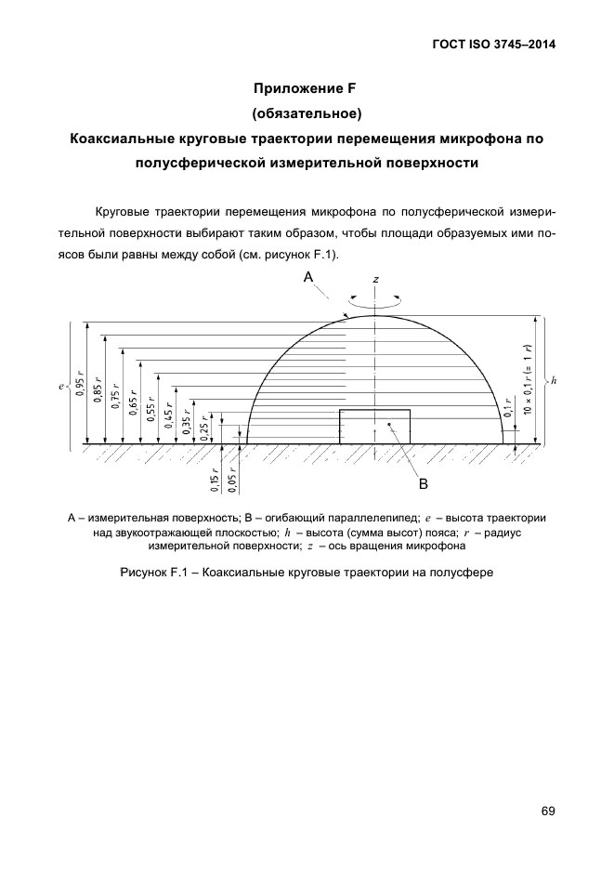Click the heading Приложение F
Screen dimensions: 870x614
306,89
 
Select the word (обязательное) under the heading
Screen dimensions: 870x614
306,113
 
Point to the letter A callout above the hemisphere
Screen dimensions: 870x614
308,278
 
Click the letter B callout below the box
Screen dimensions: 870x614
422,483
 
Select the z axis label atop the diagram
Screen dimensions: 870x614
375,279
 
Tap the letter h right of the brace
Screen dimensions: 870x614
553,380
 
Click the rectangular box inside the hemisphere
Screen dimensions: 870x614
374,427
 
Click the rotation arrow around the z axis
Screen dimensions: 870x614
375,300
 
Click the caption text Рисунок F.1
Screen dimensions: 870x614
306,573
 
